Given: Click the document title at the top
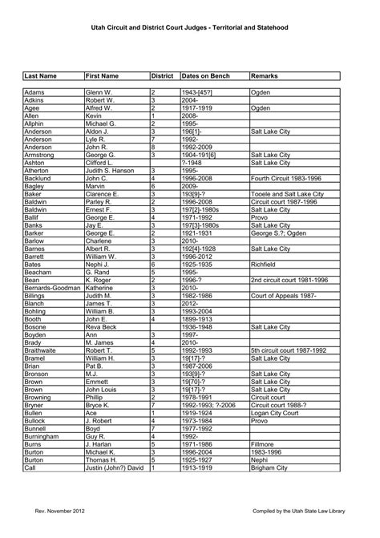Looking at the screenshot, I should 190,26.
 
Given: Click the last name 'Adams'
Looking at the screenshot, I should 34,93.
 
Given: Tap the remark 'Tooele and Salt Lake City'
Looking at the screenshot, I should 287,194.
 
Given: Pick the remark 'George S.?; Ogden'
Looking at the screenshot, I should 277,233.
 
